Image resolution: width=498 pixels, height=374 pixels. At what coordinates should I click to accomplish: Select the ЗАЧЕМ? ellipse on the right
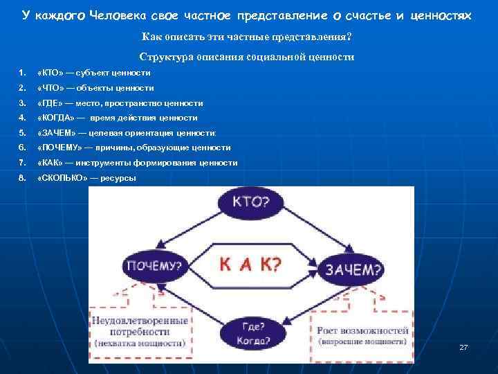click(x=351, y=268)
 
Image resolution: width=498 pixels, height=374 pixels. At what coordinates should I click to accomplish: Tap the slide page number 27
click(x=463, y=346)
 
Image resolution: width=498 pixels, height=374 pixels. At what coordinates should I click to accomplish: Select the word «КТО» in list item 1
click(x=49, y=73)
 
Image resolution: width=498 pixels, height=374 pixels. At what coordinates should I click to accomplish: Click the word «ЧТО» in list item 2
click(x=50, y=88)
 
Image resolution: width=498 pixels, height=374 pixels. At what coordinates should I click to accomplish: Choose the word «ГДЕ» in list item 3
click(x=49, y=103)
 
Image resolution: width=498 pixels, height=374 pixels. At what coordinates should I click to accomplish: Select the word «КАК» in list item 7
click(x=50, y=163)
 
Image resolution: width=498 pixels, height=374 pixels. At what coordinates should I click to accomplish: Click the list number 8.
click(x=22, y=178)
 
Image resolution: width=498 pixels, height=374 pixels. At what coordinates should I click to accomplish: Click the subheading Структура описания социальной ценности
click(x=247, y=57)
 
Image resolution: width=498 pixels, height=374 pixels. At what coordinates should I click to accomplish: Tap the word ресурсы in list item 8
click(x=119, y=178)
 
